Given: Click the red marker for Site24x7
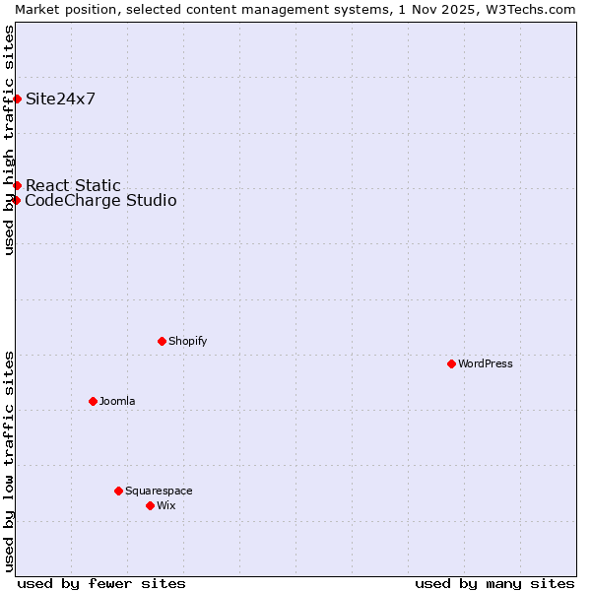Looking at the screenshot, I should tap(17, 98).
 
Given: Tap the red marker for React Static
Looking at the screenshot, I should tap(17, 185).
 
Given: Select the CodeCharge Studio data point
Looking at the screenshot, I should tap(16, 200).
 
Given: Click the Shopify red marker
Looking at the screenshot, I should tap(162, 341).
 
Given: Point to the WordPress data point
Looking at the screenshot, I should tap(451, 363).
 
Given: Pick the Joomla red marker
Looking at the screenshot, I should tap(93, 401).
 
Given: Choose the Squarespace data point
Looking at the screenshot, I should tap(118, 491).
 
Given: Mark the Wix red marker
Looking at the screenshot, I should tap(150, 505).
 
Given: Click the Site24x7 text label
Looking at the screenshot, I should tap(60, 98).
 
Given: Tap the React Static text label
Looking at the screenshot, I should tap(73, 185).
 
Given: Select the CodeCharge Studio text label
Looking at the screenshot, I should tap(100, 201).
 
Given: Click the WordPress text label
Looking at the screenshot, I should tap(486, 363).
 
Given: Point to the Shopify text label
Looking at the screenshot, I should tap(187, 341).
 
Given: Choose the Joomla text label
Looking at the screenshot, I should tap(117, 401).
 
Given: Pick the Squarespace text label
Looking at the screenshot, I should tap(159, 491).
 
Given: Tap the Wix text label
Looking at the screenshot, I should tap(165, 505).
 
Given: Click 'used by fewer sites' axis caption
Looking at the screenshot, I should tap(101, 583).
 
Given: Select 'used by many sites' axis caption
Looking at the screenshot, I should tap(494, 583).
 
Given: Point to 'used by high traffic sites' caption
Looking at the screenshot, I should tap(9, 140).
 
